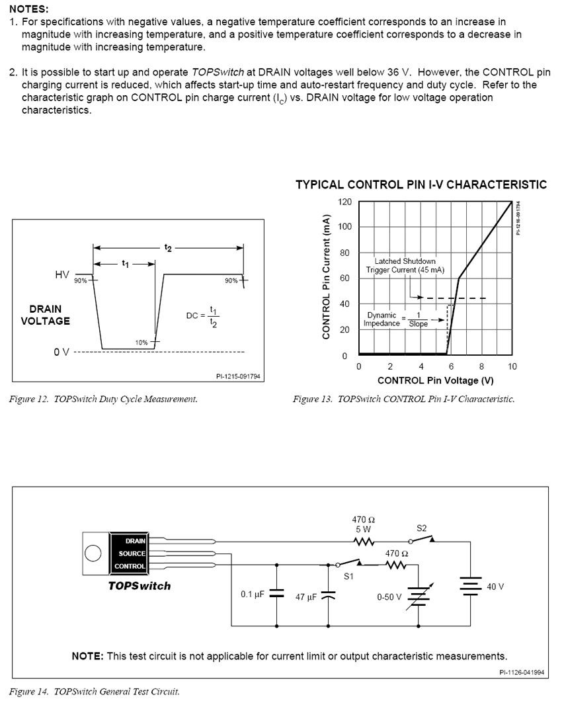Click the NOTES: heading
[29, 9]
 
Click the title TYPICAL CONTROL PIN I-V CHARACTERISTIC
[421, 185]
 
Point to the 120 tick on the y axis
[345, 202]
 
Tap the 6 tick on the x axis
[452, 366]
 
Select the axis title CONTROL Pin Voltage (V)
[435, 380]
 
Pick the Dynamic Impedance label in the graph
[381, 319]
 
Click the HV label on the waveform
[61, 274]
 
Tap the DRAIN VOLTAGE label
[46, 315]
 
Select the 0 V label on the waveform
[61, 351]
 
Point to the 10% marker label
[141, 343]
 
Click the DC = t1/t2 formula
[202, 316]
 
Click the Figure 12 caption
[103, 399]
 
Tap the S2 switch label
[422, 528]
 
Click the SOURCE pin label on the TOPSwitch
[132, 554]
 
